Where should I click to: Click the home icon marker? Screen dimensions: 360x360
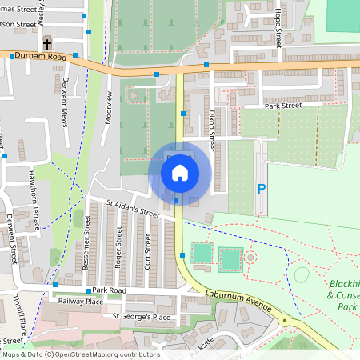click(180, 172)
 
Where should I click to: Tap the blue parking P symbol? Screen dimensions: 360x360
click(261, 190)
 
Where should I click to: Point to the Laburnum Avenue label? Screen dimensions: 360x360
click(238, 302)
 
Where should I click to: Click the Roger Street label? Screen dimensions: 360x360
click(118, 246)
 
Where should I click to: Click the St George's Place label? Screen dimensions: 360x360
click(141, 316)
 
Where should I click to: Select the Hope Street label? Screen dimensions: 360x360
click(278, 26)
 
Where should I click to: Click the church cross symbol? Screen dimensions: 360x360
click(47, 43)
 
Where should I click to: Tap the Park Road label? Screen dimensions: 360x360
click(109, 290)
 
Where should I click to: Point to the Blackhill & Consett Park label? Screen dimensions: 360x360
click(343, 294)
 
